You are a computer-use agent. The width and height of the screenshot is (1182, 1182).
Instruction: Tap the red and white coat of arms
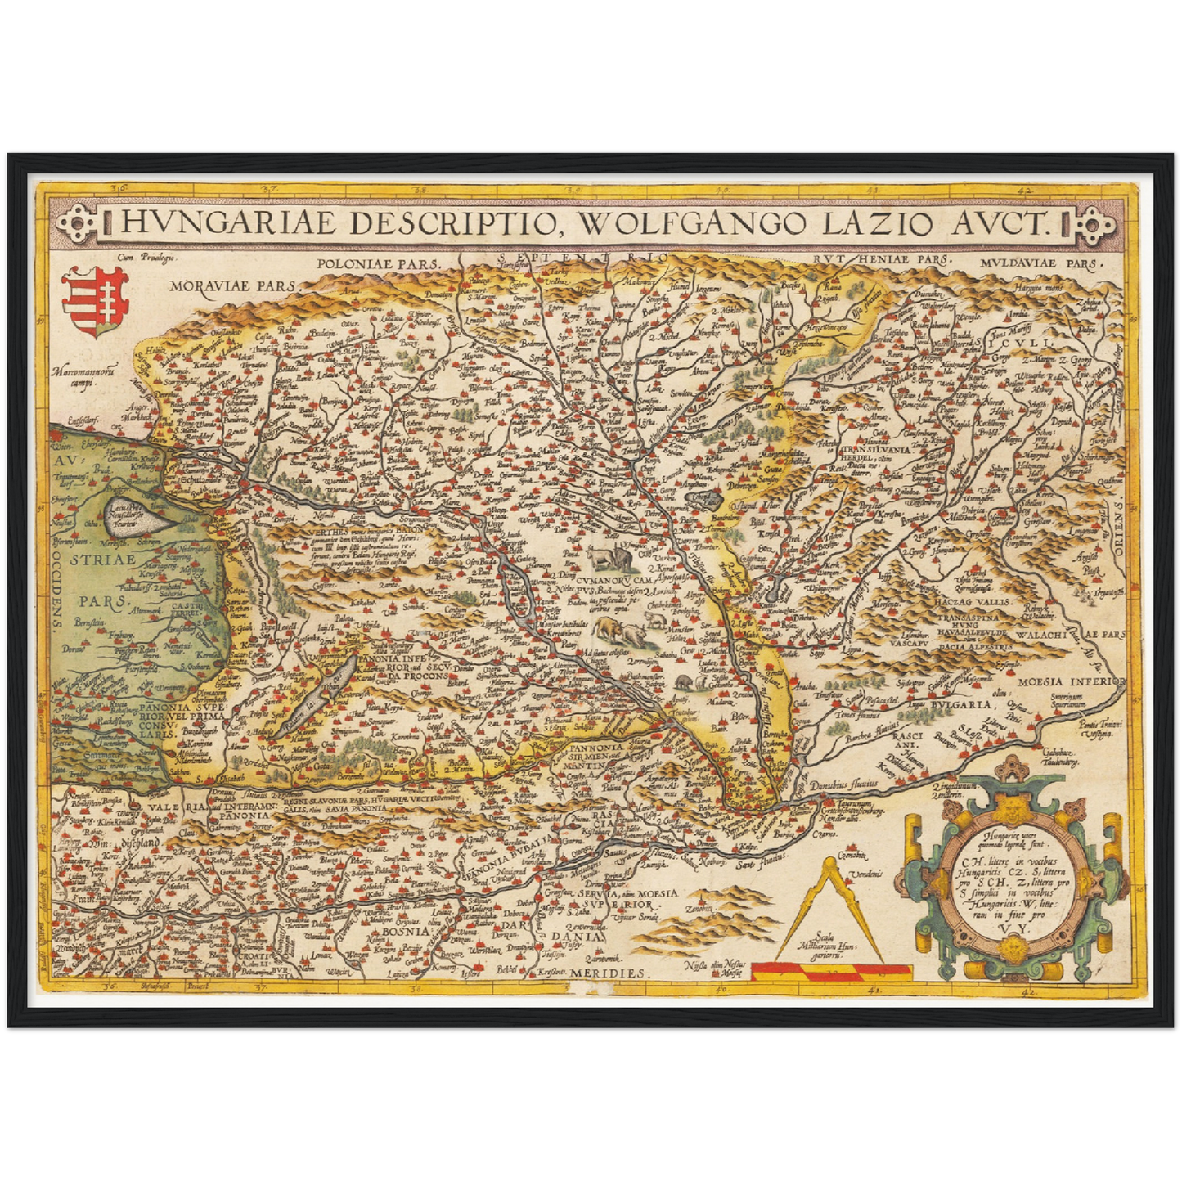click(x=95, y=301)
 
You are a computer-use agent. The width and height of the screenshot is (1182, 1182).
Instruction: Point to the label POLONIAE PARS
click(x=378, y=264)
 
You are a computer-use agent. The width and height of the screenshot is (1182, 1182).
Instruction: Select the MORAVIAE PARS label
click(x=234, y=286)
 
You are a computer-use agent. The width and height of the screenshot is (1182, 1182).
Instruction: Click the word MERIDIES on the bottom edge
click(x=610, y=973)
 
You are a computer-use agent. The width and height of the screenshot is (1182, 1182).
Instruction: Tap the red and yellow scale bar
click(x=830, y=970)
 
